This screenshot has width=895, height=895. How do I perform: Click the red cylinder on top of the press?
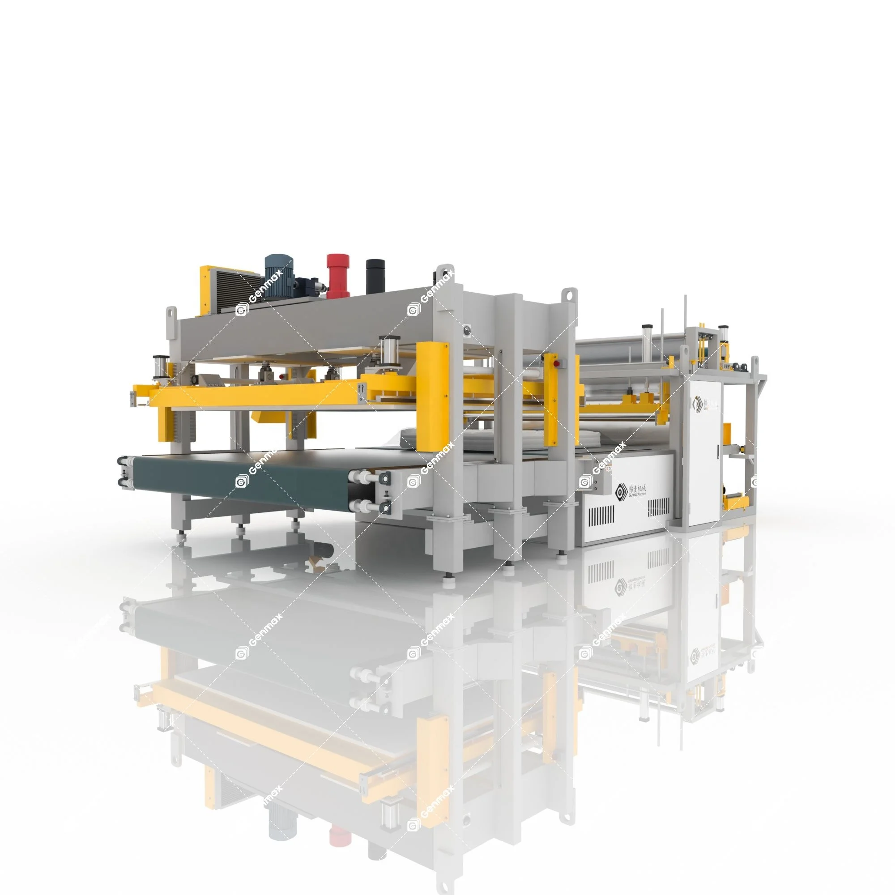[x=337, y=274]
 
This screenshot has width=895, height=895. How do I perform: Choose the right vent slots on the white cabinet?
[x=659, y=508]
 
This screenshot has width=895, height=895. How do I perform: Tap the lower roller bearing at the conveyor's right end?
[x=384, y=508]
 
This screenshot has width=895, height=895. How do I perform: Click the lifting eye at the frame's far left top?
[x=171, y=313]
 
